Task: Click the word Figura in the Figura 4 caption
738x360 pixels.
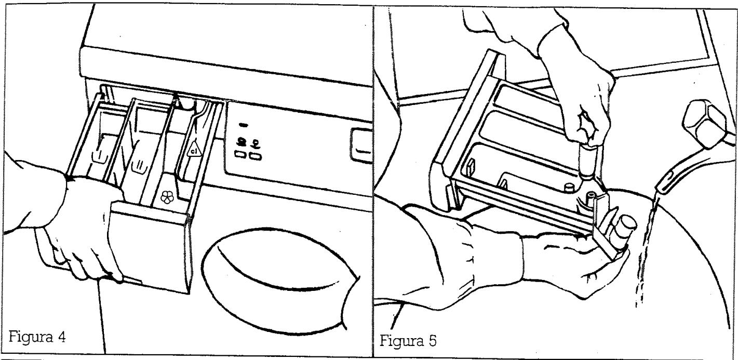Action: point(30,338)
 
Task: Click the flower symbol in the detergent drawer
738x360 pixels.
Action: point(167,197)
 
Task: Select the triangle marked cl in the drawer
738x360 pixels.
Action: point(194,149)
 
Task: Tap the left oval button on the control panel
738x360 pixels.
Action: point(240,154)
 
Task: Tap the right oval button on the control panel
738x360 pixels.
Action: point(256,156)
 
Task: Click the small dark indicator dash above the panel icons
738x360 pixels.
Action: point(243,125)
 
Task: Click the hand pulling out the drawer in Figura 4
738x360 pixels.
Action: point(83,228)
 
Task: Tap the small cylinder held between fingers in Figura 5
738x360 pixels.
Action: point(589,162)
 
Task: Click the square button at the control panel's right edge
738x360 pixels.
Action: point(361,145)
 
